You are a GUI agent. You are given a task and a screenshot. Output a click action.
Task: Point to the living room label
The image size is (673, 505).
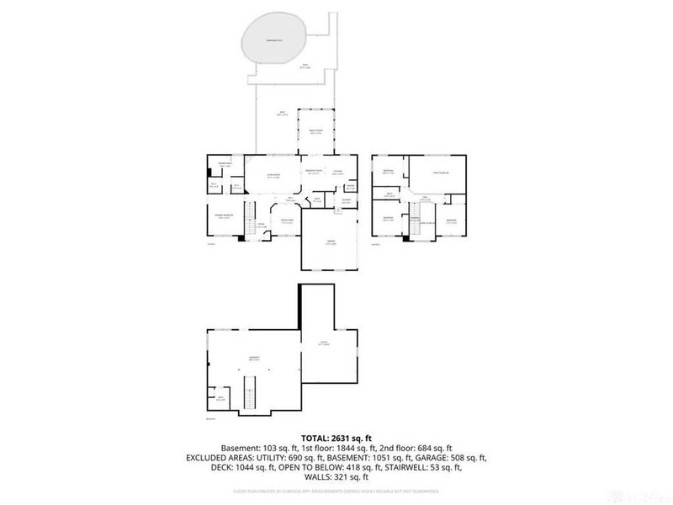tap(274, 176)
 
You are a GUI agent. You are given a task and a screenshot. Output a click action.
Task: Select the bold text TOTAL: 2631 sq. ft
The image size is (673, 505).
tap(336, 436)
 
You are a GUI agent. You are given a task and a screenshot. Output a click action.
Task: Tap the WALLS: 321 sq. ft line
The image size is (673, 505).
tap(336, 478)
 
